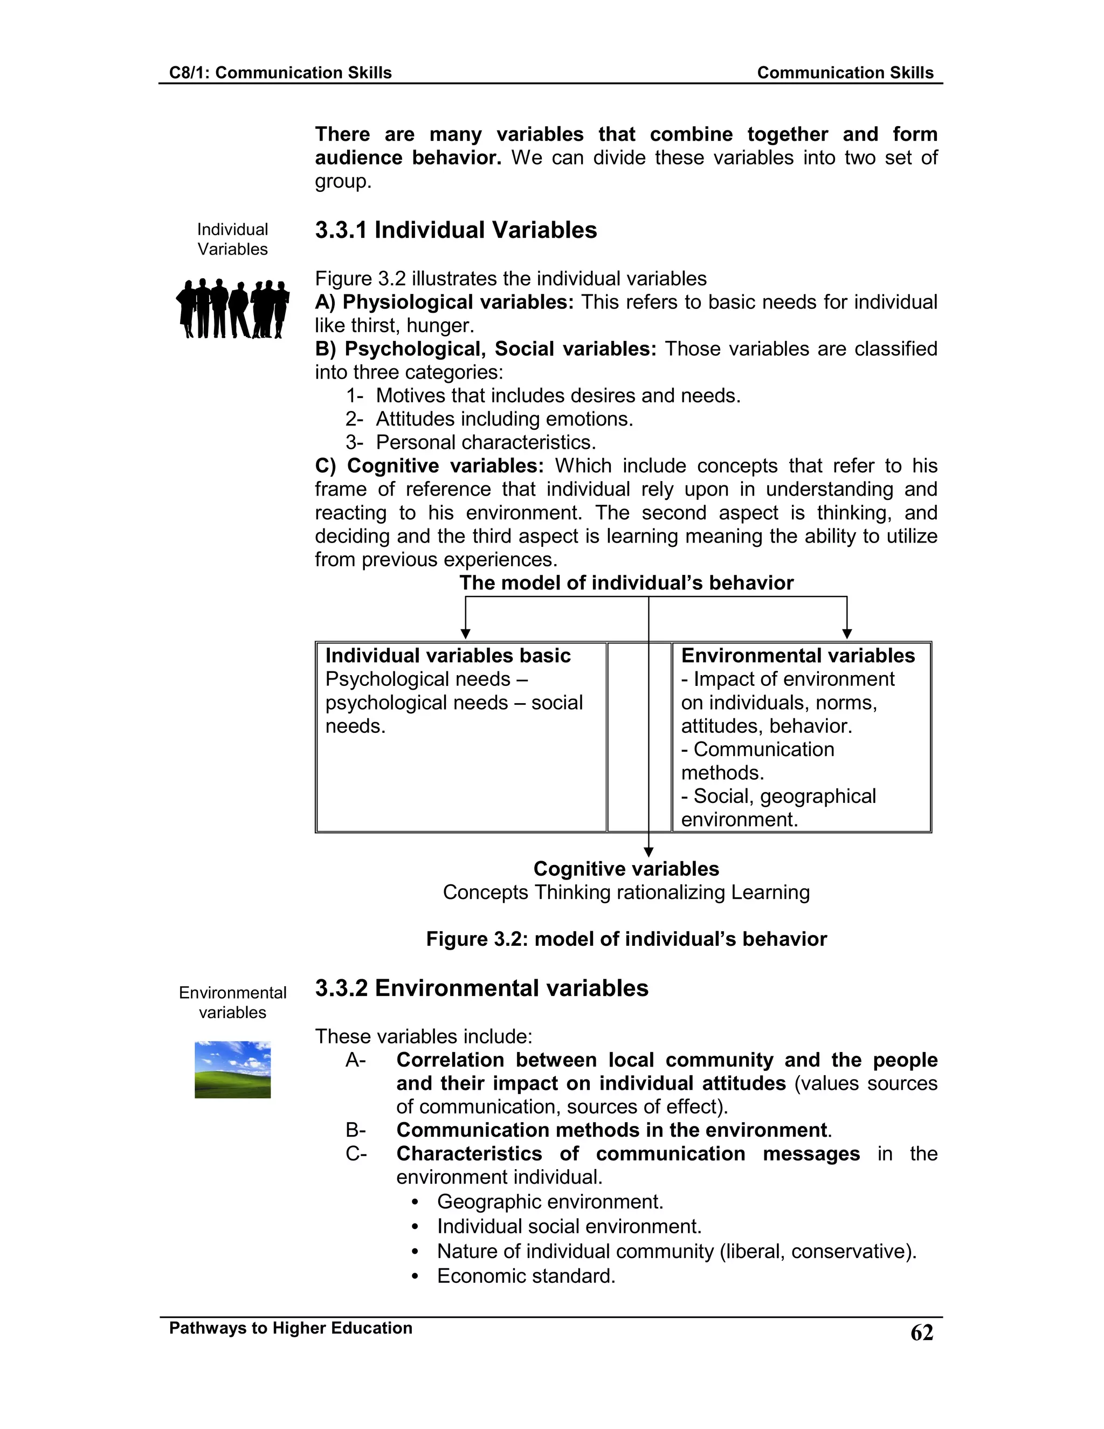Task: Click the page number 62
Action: (921, 1333)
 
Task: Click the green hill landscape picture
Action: (232, 1069)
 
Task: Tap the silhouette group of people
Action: (232, 309)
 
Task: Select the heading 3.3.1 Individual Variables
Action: (456, 230)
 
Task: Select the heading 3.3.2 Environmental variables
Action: (481, 988)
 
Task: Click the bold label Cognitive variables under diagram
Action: (626, 869)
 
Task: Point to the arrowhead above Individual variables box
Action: (466, 634)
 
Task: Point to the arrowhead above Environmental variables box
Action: (847, 634)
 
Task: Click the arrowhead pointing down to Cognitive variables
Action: (649, 852)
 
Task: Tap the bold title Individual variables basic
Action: (448, 656)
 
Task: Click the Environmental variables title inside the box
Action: (798, 656)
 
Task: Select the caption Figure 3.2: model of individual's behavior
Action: (626, 939)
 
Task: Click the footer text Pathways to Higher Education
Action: (291, 1328)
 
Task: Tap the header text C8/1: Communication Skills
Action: (280, 73)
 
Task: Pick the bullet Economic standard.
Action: (526, 1276)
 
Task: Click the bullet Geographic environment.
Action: (550, 1201)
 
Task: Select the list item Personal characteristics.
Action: (485, 442)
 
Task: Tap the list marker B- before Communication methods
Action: (356, 1130)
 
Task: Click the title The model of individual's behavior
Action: (626, 583)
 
